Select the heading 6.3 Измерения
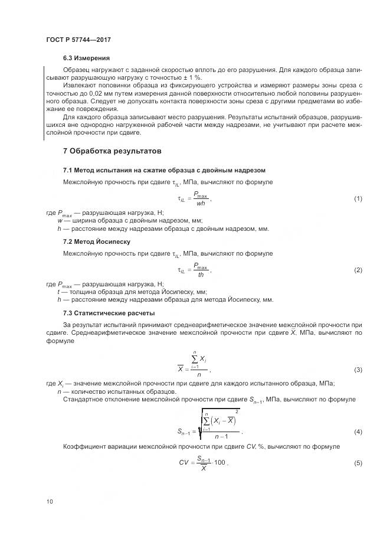click(87, 58)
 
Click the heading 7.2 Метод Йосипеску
click(97, 241)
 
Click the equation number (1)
click(358, 199)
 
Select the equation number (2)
click(358, 270)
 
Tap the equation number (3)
click(358, 370)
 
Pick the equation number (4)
click(358, 432)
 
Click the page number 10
click(49, 501)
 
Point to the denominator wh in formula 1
click(200, 204)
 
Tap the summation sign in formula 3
click(194, 358)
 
